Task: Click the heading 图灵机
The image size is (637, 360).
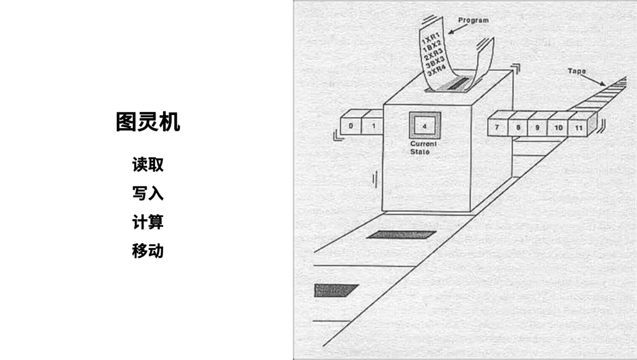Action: (148, 122)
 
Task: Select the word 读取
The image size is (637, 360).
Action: (148, 165)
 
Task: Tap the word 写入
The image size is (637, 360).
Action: (148, 193)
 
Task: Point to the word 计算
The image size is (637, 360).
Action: (148, 222)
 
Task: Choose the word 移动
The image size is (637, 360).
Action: (148, 251)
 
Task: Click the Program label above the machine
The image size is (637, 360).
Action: (473, 21)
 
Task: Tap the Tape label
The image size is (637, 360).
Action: (577, 71)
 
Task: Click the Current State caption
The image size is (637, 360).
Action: (423, 148)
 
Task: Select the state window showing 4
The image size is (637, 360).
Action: (424, 126)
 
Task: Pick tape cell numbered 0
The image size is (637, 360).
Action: (351, 126)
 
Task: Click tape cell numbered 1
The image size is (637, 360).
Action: (373, 126)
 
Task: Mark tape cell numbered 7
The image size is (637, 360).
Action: (496, 128)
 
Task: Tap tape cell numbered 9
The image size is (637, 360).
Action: (537, 128)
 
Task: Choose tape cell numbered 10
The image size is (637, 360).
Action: (558, 128)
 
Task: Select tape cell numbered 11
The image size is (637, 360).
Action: (579, 128)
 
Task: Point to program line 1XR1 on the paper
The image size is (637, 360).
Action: (431, 39)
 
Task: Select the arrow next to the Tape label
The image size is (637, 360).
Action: (594, 79)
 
